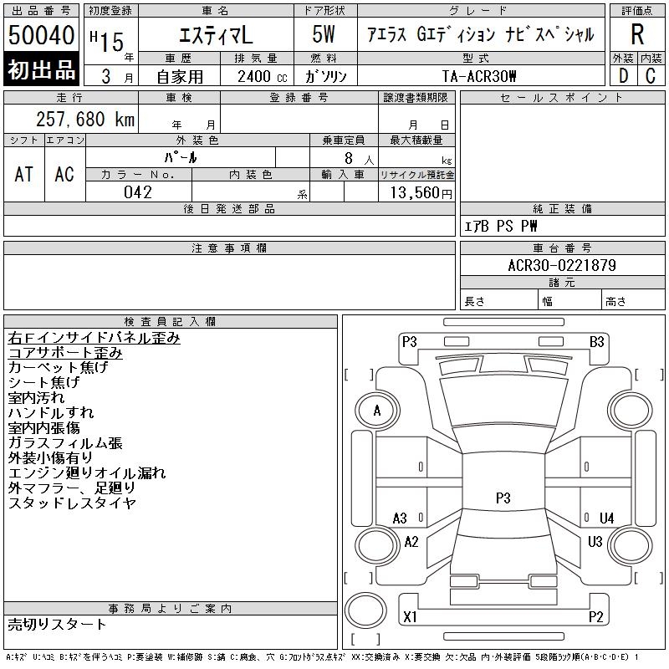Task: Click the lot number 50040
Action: coord(41,36)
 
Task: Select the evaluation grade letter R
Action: coord(637,35)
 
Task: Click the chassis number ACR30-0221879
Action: coord(562,266)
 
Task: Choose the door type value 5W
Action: coord(324,34)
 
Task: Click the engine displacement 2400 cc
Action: coord(257,75)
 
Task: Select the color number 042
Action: coord(138,192)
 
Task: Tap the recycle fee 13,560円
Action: coord(416,192)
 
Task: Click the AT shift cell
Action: coord(23,174)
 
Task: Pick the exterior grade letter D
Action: coord(623,75)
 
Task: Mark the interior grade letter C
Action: coord(651,75)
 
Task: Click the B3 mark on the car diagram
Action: coord(596,341)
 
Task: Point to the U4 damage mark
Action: coord(606,518)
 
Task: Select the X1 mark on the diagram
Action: coord(410,617)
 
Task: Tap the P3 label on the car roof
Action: coord(503,498)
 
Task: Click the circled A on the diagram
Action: coord(376,411)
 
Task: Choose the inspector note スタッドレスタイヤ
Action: coord(72,503)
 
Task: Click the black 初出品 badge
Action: coord(41,69)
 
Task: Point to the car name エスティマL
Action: coord(214,34)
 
